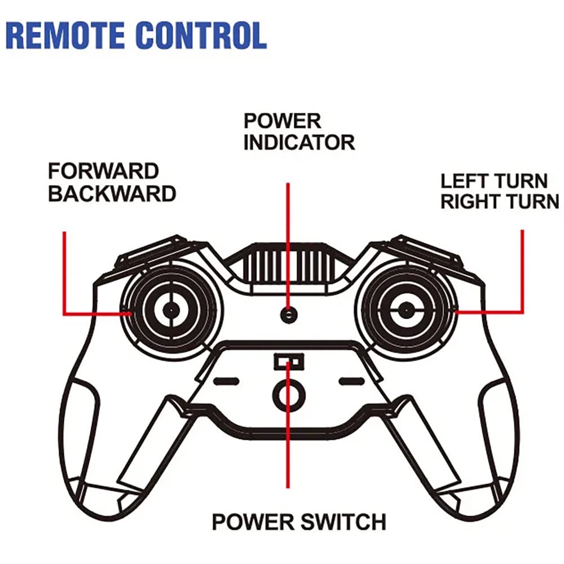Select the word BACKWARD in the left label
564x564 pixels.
pos(112,193)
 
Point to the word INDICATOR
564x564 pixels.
pos(299,142)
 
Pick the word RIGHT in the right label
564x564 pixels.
pos(471,201)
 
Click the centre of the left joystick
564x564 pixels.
pos(170,309)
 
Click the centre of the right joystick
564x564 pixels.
pos(406,309)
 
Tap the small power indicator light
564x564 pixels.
pos(289,314)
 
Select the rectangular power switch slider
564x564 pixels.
pos(289,361)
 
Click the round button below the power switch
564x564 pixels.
pos(289,394)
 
